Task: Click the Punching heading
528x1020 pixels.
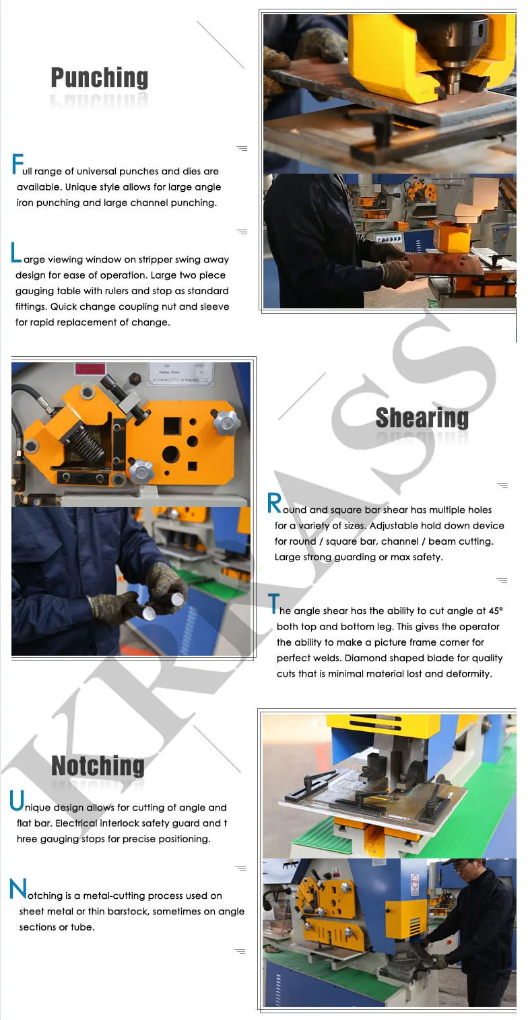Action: pos(99,78)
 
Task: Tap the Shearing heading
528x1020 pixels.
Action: pos(422,417)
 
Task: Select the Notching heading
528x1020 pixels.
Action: pos(98,766)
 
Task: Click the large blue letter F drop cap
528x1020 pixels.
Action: pos(17,164)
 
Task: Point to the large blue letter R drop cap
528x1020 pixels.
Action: pos(274,503)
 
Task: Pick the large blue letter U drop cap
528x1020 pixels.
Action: pos(16,801)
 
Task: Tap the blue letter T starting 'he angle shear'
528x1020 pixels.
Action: pos(273,604)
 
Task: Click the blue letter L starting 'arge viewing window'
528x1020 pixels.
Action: pos(16,253)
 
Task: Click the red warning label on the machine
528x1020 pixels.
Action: pos(90,370)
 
